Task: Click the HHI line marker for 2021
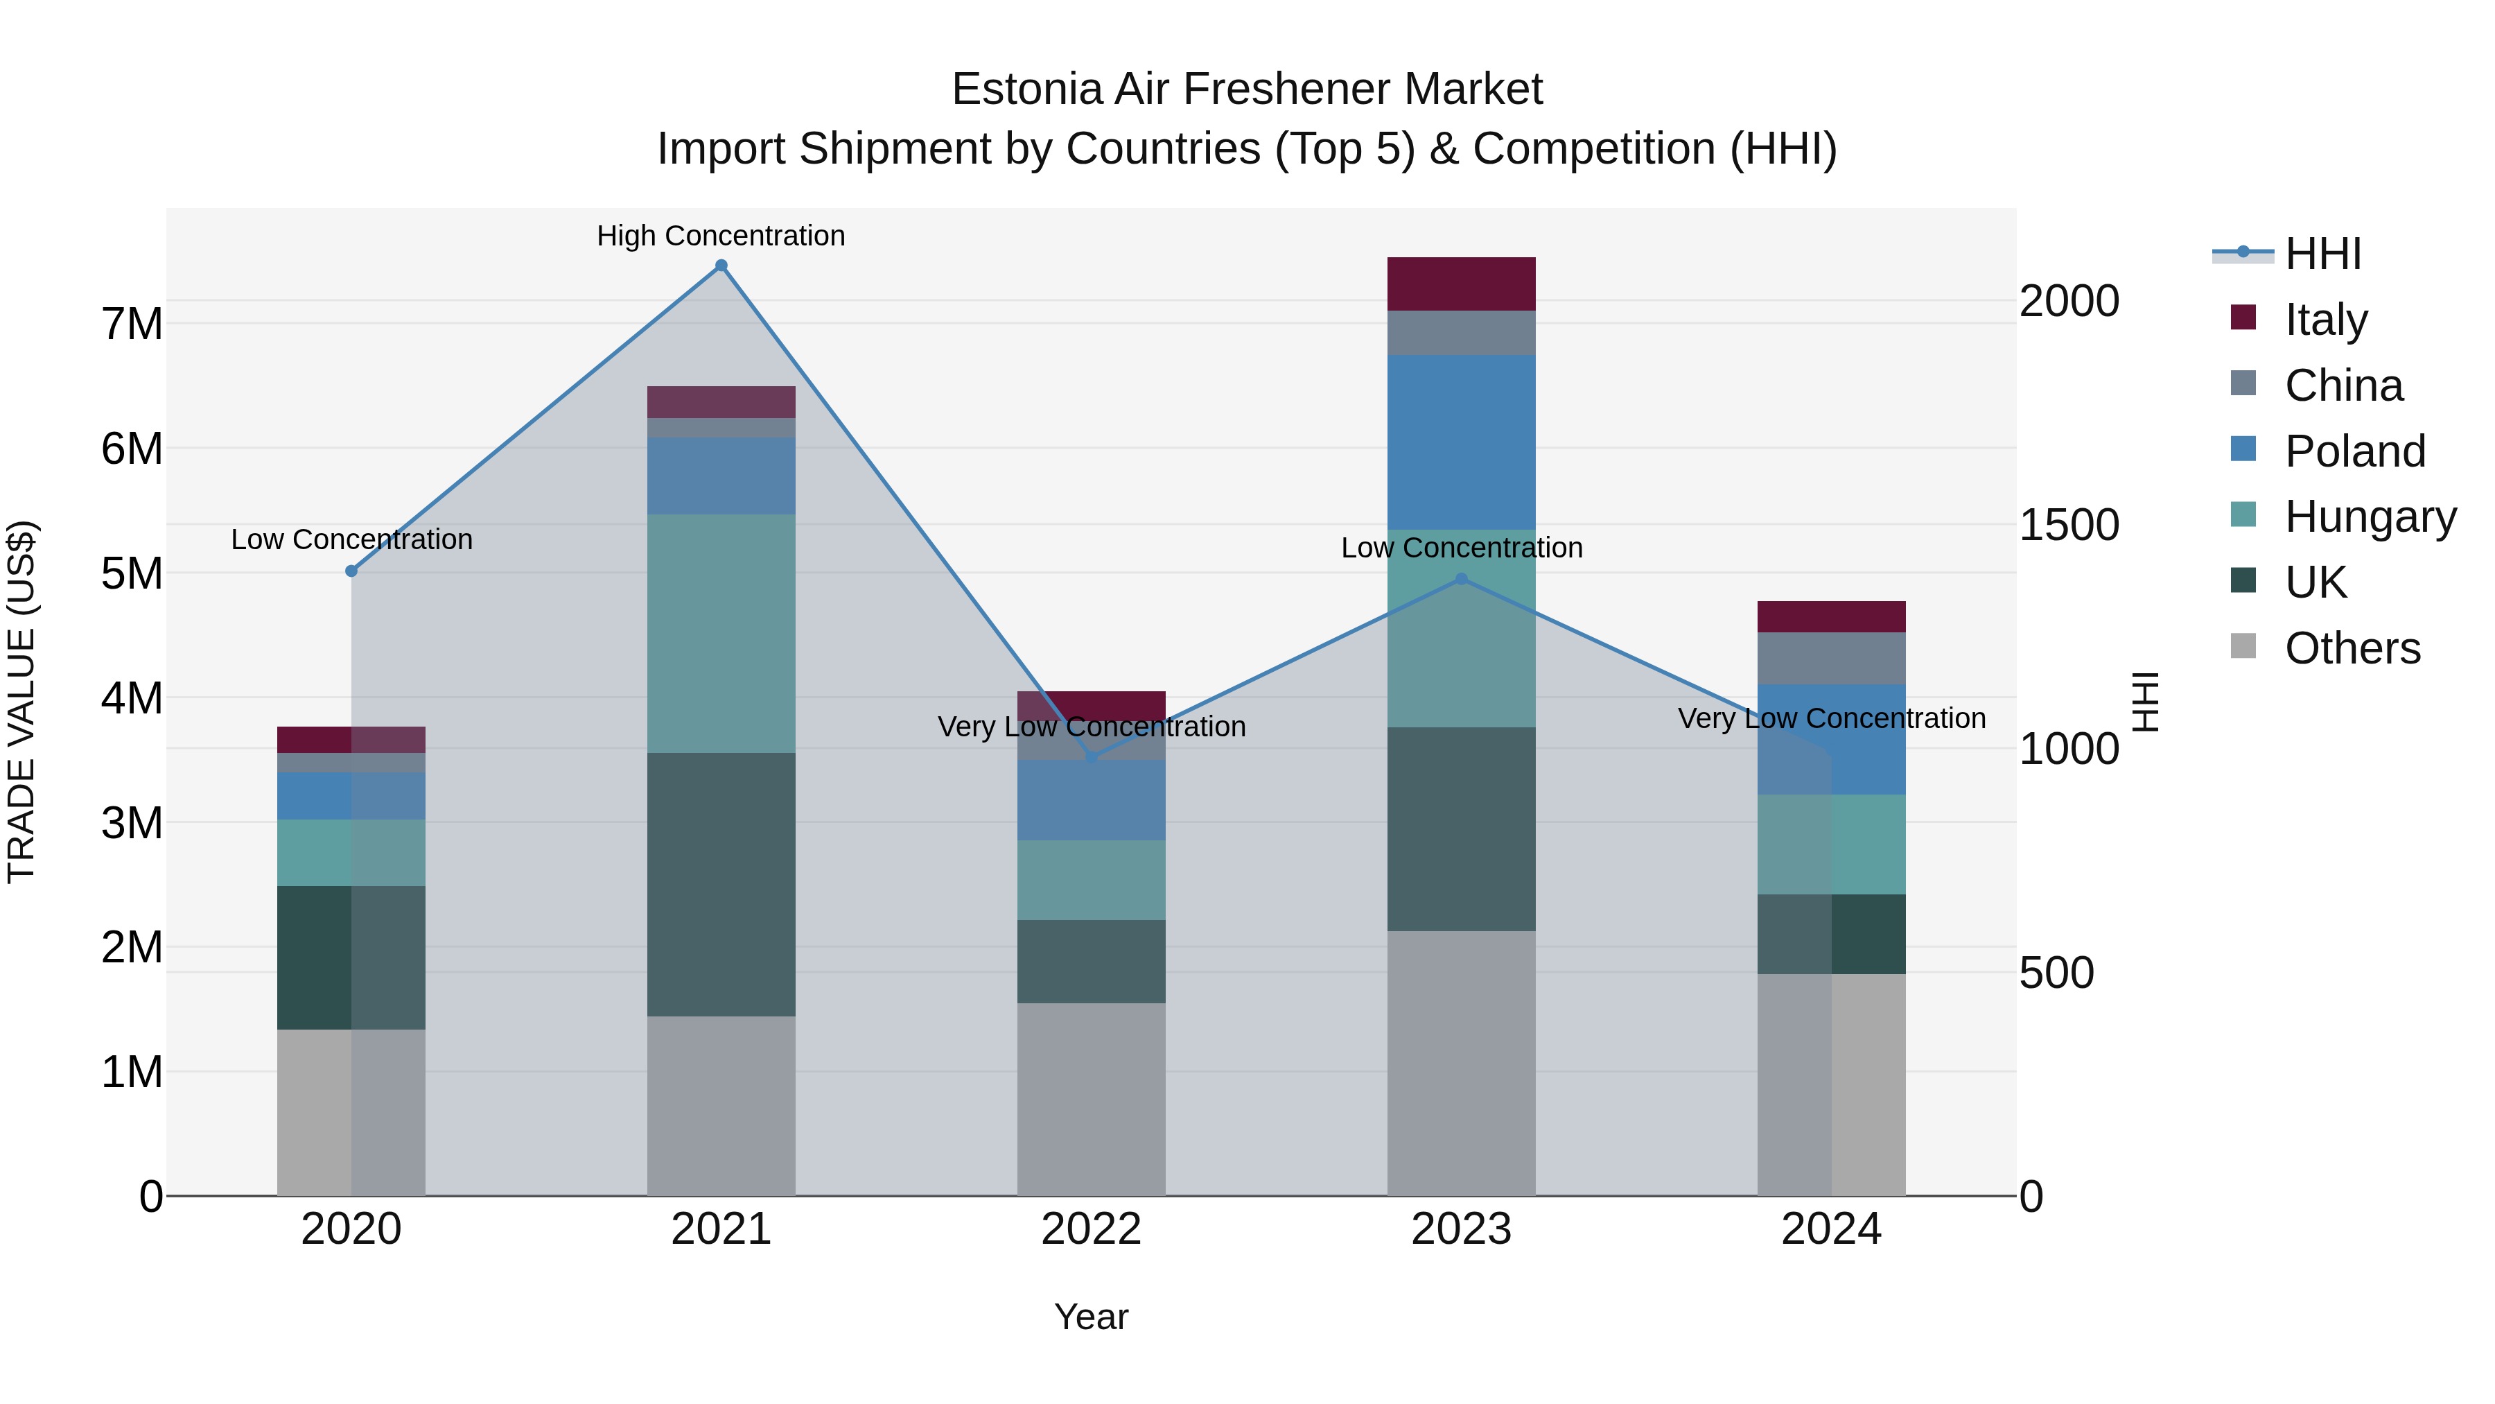click(x=721, y=266)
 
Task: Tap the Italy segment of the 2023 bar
click(x=1462, y=284)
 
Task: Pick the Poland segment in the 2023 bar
click(x=1462, y=441)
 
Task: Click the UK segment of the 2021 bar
click(x=721, y=884)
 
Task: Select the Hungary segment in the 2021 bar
click(x=721, y=633)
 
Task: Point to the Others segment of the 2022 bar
click(x=1091, y=1099)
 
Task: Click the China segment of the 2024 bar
click(x=1830, y=658)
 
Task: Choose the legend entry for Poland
click(x=2354, y=451)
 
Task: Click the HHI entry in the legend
click(x=2322, y=254)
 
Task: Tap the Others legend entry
click(x=2352, y=648)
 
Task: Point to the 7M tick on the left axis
click(x=132, y=324)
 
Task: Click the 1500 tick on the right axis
click(x=2069, y=524)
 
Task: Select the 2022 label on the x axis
click(x=1091, y=1229)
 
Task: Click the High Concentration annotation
click(x=721, y=236)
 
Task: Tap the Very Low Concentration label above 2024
click(x=1830, y=718)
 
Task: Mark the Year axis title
click(x=1091, y=1317)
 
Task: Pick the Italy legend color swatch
click(x=2242, y=318)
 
